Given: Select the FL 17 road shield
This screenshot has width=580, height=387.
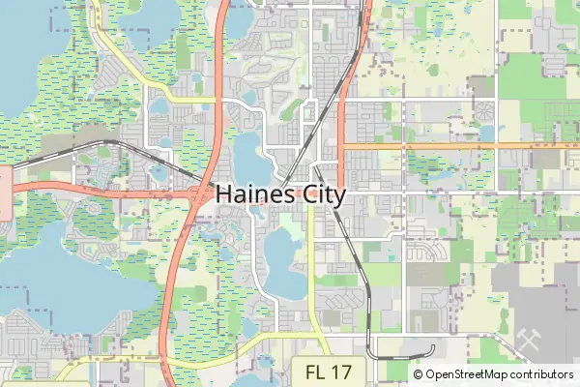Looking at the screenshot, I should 328,372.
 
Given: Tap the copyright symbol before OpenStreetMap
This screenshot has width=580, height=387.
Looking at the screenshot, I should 419,374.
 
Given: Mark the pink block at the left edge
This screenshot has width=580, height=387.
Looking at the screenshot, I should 4,193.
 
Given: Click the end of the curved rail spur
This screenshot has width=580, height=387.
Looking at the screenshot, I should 433,347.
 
